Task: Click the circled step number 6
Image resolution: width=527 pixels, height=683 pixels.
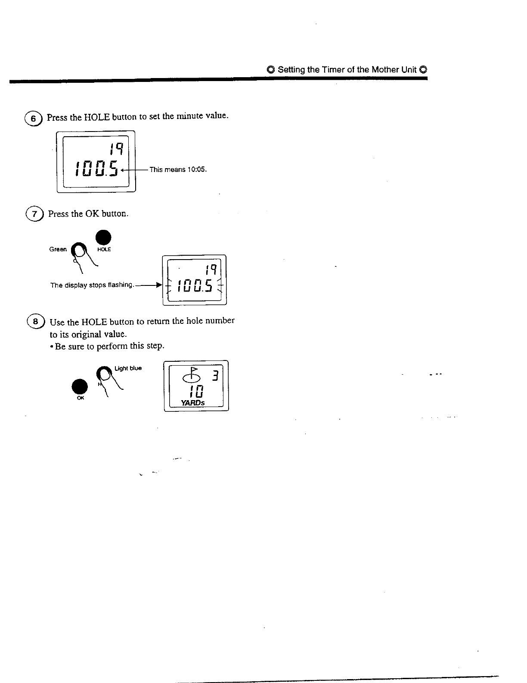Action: point(33,118)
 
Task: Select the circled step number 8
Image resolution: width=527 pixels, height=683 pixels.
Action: point(35,322)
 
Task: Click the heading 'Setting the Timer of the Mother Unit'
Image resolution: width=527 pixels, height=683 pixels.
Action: point(347,70)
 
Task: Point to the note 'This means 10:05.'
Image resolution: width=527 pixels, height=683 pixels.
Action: point(178,169)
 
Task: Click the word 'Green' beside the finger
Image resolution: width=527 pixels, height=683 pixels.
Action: point(58,249)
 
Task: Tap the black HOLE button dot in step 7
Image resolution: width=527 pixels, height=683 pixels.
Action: point(103,238)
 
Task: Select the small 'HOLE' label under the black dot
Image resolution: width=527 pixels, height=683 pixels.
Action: point(104,250)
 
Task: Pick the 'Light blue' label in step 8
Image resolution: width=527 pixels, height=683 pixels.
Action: point(128,368)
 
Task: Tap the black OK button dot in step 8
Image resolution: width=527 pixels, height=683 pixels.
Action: point(80,386)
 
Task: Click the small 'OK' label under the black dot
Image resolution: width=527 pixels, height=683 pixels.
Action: point(80,398)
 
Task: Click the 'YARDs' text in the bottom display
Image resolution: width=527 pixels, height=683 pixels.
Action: point(193,403)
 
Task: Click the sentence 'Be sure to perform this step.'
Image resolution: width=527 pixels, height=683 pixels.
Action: point(109,346)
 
